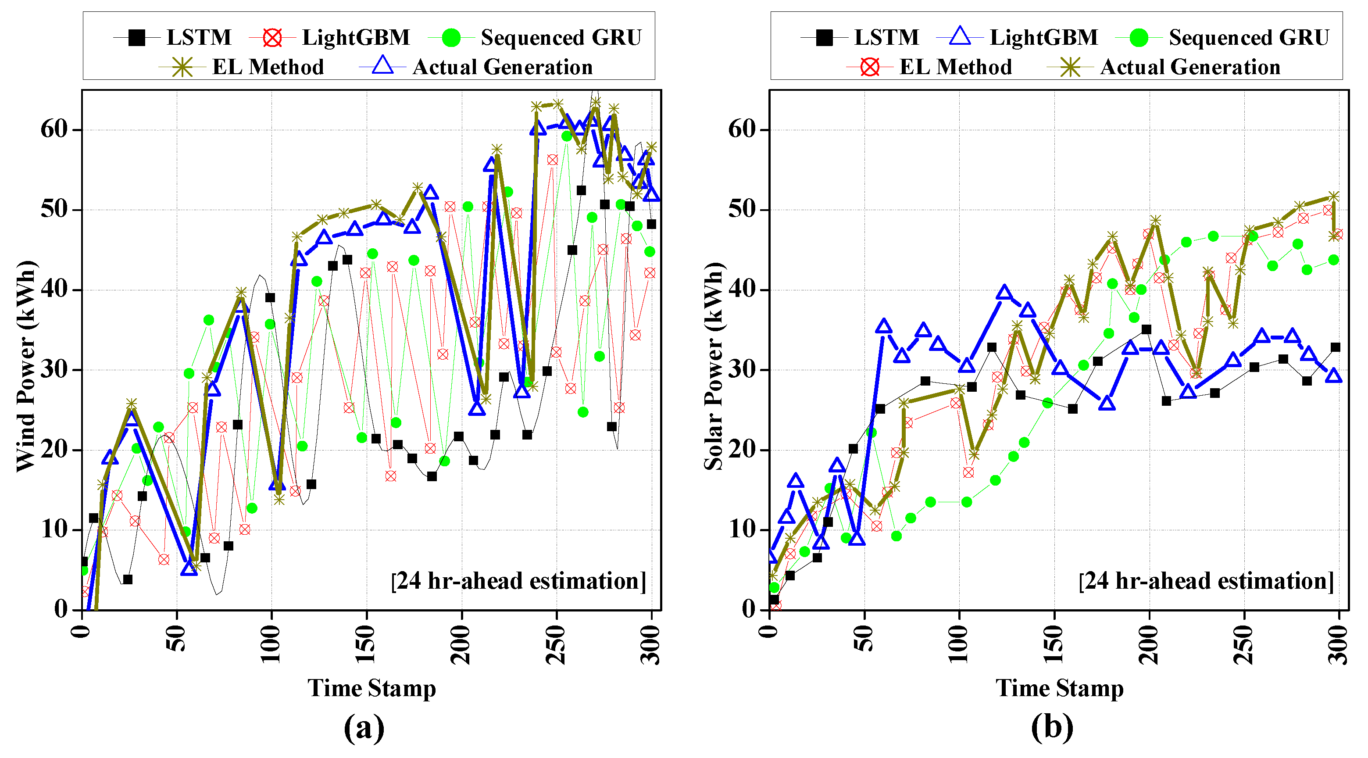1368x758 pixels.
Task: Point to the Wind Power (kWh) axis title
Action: (25, 367)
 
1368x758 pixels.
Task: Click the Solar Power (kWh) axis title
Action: (713, 367)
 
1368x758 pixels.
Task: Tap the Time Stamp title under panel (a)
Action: (372, 688)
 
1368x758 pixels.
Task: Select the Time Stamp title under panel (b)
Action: (1060, 688)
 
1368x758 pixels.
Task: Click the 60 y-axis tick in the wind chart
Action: (54, 129)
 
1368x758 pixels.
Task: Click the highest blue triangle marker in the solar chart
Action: (1004, 292)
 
